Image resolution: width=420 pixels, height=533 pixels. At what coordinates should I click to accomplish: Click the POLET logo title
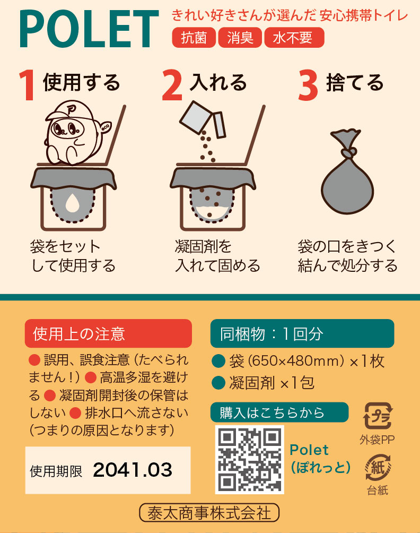(89, 29)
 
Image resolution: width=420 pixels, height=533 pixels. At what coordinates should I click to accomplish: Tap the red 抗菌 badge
(194, 38)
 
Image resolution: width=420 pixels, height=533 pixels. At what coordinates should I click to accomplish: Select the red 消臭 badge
(240, 38)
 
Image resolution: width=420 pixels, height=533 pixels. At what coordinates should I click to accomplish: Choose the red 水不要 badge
(294, 38)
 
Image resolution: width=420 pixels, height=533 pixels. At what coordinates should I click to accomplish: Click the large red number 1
(27, 85)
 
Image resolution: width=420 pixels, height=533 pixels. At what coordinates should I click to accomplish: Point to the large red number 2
(172, 85)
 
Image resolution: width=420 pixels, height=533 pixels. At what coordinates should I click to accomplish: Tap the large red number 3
(308, 85)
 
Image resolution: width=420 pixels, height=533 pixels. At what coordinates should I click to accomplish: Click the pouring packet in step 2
(203, 119)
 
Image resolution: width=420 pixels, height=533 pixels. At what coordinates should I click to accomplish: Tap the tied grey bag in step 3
(347, 171)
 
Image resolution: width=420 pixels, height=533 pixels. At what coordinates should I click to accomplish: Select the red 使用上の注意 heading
(108, 333)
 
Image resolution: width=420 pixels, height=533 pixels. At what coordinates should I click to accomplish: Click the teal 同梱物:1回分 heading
(302, 333)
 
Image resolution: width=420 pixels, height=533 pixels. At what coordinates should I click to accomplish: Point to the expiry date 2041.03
(133, 470)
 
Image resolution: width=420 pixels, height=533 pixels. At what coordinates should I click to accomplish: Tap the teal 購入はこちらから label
(279, 412)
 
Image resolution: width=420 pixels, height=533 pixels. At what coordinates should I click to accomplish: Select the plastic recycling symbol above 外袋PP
(378, 416)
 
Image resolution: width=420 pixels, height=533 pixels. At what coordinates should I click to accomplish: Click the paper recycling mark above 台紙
(378, 467)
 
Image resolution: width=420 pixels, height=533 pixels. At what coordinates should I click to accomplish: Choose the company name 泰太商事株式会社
(209, 513)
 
